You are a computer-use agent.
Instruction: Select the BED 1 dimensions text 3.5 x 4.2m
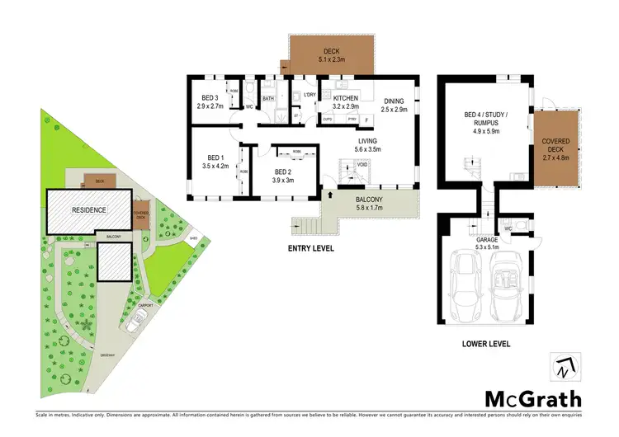(215, 166)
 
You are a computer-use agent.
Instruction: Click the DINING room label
(395, 99)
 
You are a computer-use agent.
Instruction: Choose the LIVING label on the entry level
(380, 140)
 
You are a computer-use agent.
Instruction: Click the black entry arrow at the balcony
(331, 196)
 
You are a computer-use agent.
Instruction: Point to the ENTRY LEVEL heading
(310, 247)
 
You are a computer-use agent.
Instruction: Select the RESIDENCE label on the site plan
(88, 209)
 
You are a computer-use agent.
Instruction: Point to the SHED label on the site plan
(170, 240)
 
